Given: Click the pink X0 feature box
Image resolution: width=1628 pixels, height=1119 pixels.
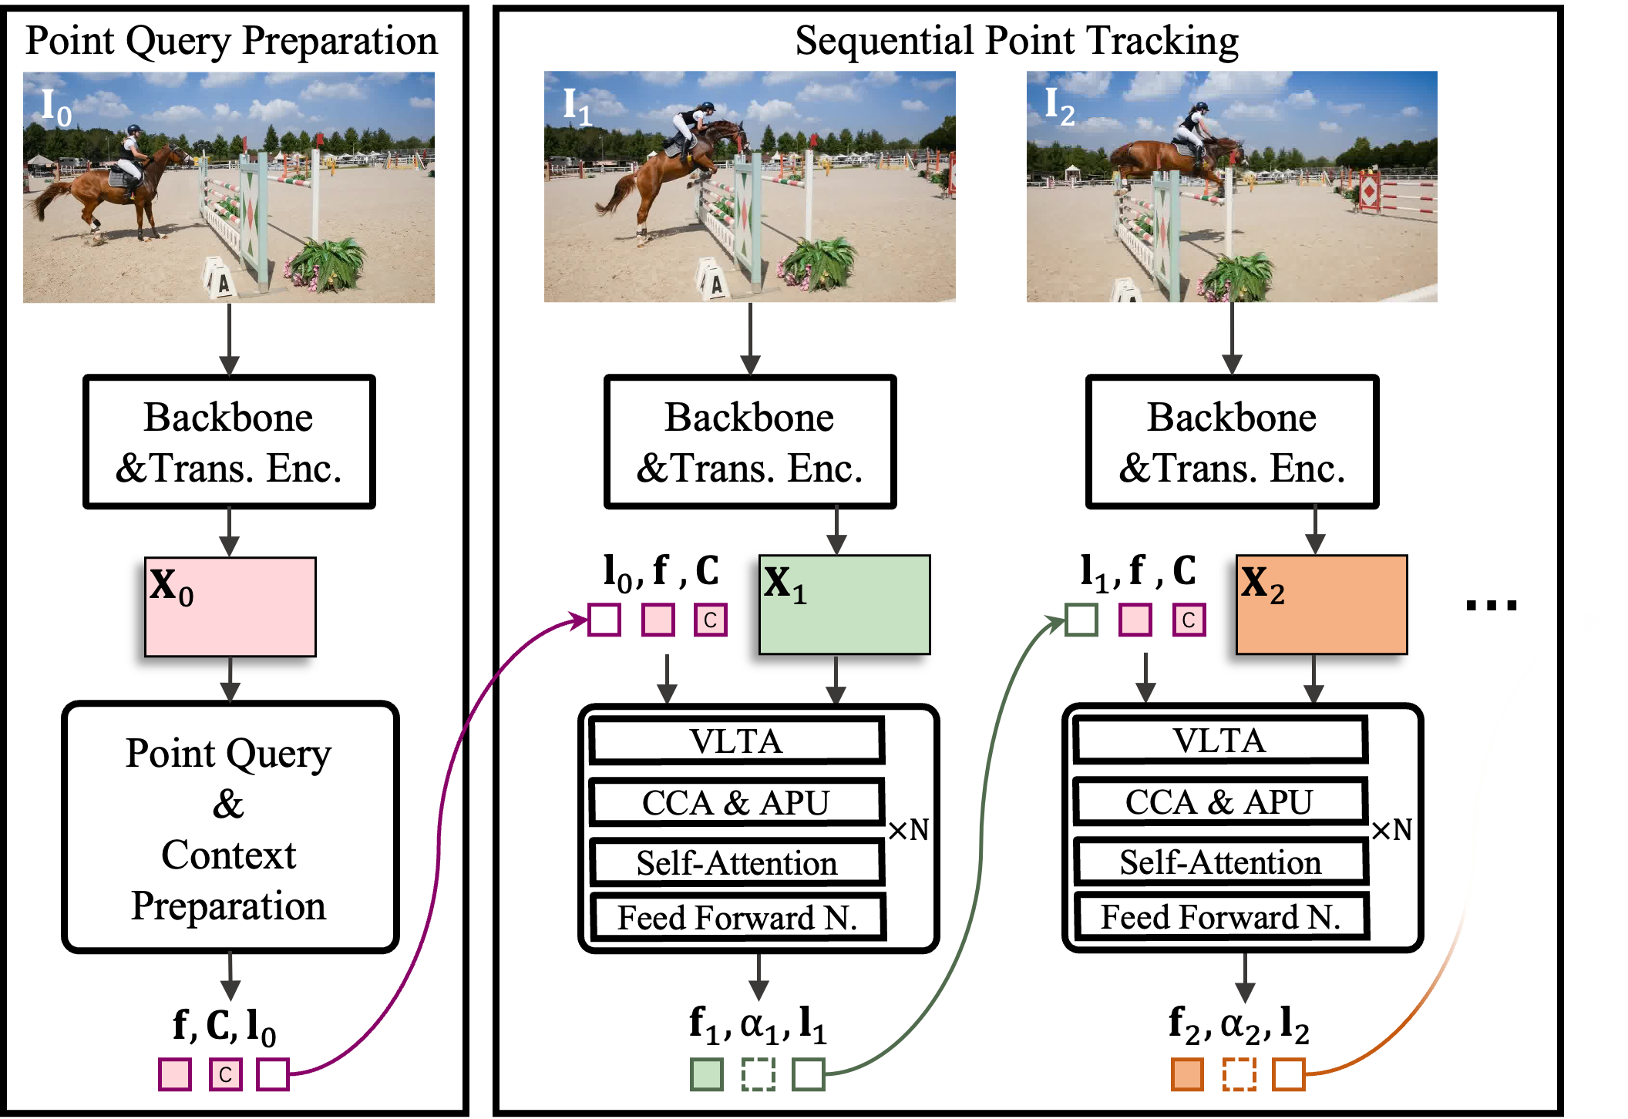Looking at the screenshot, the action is click(x=230, y=607).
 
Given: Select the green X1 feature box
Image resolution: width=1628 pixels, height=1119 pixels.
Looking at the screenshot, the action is click(x=844, y=604).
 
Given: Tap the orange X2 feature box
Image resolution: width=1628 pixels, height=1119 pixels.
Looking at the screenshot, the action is click(x=1321, y=604).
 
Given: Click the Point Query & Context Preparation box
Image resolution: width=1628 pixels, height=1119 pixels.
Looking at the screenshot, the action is click(x=230, y=827).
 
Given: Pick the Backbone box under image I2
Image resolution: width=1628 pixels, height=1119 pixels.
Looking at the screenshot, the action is click(x=1232, y=442).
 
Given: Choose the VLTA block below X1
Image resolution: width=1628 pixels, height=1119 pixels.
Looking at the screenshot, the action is click(x=736, y=741).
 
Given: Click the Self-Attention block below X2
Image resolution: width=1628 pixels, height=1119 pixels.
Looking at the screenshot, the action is click(x=1220, y=862).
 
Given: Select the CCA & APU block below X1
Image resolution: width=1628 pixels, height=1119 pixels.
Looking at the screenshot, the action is click(x=736, y=802).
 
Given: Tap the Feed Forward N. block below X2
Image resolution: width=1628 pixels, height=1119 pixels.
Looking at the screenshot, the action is click(x=1221, y=916).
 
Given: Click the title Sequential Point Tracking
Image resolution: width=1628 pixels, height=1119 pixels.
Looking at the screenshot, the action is click(x=1017, y=41).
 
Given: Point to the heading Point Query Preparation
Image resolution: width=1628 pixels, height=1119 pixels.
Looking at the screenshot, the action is click(x=231, y=41).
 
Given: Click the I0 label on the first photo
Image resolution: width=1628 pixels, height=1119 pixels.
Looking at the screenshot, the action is click(x=55, y=107).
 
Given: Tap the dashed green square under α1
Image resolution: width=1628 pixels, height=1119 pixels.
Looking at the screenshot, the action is click(x=758, y=1074).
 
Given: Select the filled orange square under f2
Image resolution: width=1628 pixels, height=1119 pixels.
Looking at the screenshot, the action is click(x=1187, y=1074).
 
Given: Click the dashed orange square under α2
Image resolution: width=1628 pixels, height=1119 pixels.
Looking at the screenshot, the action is click(x=1239, y=1074).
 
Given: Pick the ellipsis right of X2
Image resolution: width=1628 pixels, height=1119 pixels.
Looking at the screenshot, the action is click(x=1492, y=606).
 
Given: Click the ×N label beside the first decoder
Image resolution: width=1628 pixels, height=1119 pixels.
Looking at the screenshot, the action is click(x=908, y=830).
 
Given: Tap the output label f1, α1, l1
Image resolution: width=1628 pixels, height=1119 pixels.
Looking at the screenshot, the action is click(x=758, y=1024).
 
